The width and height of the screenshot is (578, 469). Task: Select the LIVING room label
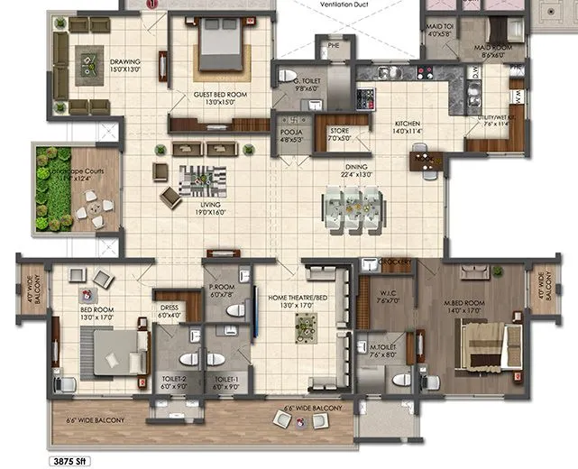click(207, 208)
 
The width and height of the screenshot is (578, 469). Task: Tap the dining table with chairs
click(353, 207)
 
